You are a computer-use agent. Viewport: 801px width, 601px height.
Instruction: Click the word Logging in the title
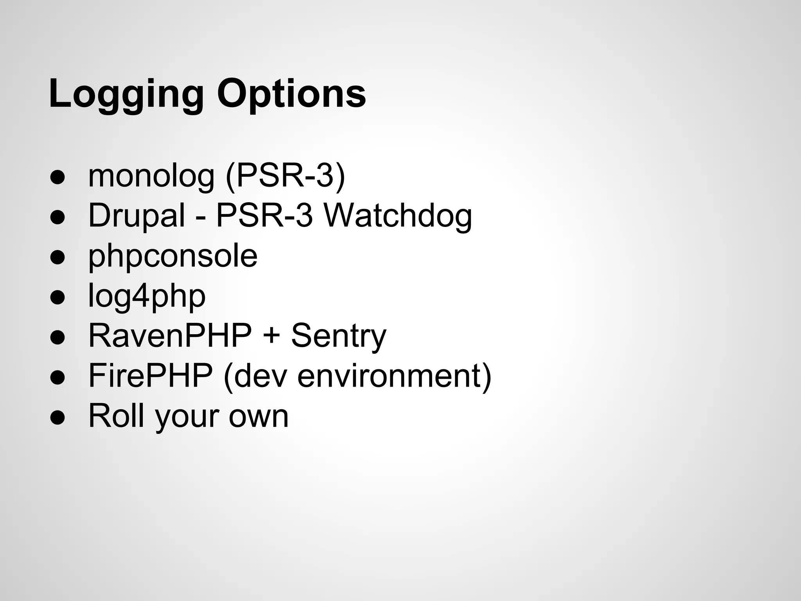(126, 94)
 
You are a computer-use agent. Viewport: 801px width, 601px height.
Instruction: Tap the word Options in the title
(291, 94)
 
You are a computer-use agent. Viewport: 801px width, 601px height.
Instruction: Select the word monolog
(151, 176)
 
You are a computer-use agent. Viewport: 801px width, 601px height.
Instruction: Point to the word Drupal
(136, 216)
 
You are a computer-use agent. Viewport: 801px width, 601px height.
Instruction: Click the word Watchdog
(398, 216)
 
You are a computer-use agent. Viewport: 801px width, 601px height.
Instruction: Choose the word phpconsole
(173, 256)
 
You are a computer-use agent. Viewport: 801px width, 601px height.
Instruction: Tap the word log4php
(147, 296)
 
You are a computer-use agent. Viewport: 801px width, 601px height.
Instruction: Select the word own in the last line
(259, 416)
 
